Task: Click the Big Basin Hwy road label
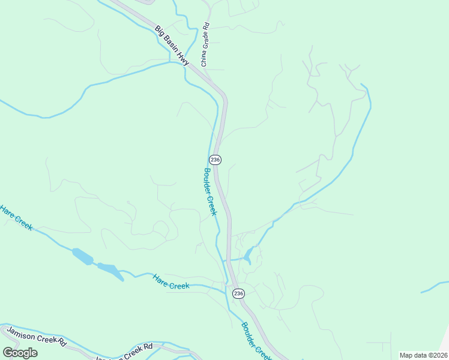coord(172,45)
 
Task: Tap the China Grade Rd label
coord(205,45)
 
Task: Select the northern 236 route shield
coord(215,160)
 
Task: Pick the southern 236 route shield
coord(238,293)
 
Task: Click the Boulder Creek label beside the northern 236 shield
coord(209,191)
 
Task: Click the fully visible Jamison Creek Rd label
coord(36,335)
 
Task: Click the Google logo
coord(20,352)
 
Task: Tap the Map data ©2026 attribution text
coord(423,355)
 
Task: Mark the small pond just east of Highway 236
coord(248,256)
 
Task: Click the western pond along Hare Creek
coord(83,256)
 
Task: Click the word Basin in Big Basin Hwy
coord(171,44)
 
